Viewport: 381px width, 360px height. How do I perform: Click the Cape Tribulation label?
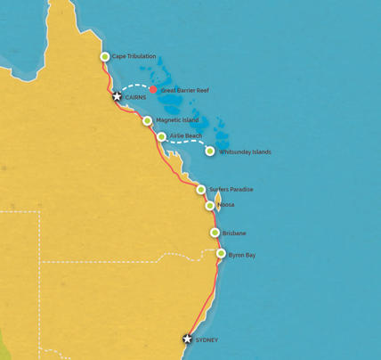134,56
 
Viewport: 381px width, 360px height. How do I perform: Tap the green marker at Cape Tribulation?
105,56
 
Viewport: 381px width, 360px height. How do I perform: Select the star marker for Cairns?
117,96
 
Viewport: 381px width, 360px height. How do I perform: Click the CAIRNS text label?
135,97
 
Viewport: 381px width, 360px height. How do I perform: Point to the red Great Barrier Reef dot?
153,89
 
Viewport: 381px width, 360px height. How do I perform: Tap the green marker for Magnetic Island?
147,120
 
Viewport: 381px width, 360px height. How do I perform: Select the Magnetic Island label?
177,120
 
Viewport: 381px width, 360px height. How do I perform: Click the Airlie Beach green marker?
161,136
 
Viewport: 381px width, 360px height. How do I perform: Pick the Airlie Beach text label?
185,135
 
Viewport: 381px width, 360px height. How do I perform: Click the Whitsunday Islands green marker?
210,151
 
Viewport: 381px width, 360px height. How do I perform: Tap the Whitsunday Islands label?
244,152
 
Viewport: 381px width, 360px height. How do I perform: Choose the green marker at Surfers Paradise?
201,190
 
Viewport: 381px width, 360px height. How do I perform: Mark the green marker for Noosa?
209,206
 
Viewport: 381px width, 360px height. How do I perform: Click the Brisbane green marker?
215,233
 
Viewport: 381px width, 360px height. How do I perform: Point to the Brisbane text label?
235,233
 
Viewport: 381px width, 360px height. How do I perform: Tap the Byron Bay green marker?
221,254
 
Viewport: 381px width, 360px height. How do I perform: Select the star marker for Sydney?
187,339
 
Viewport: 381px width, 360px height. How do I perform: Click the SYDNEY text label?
206,340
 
